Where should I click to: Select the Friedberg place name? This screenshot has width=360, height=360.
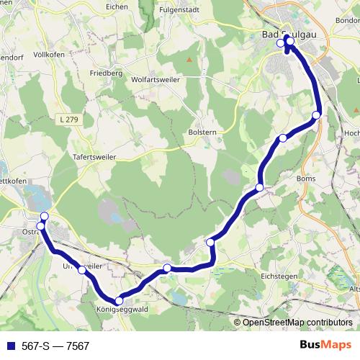click(106, 73)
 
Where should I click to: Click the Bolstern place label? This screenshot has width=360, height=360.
click(202, 133)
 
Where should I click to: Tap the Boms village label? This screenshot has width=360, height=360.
click(306, 177)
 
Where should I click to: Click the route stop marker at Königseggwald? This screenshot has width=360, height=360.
click(119, 301)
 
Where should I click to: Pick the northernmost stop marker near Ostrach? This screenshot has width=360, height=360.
click(45, 217)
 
